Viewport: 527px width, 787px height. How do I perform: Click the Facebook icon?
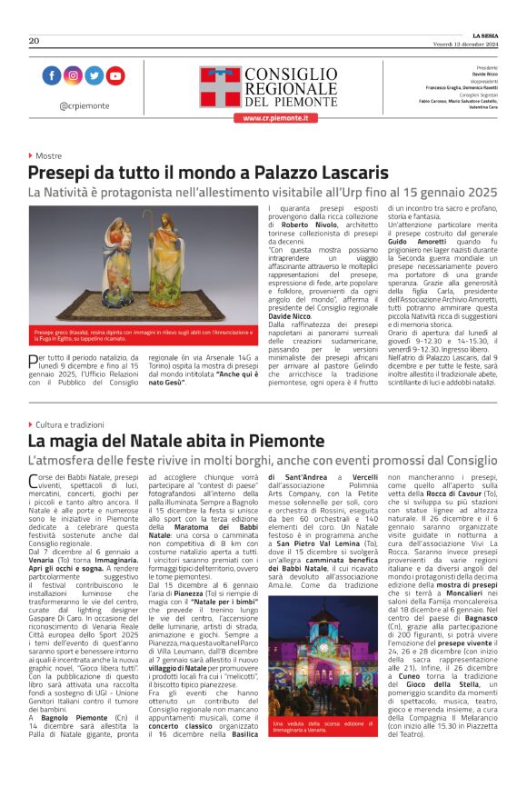pyautogui.click(x=52, y=75)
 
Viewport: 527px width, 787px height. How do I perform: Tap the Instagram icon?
pyautogui.click(x=73, y=75)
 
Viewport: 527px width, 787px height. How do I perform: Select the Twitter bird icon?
pyautogui.click(x=94, y=75)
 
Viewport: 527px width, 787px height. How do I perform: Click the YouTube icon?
pyautogui.click(x=114, y=75)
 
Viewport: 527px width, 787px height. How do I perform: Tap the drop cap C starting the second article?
pyautogui.click(x=35, y=481)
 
